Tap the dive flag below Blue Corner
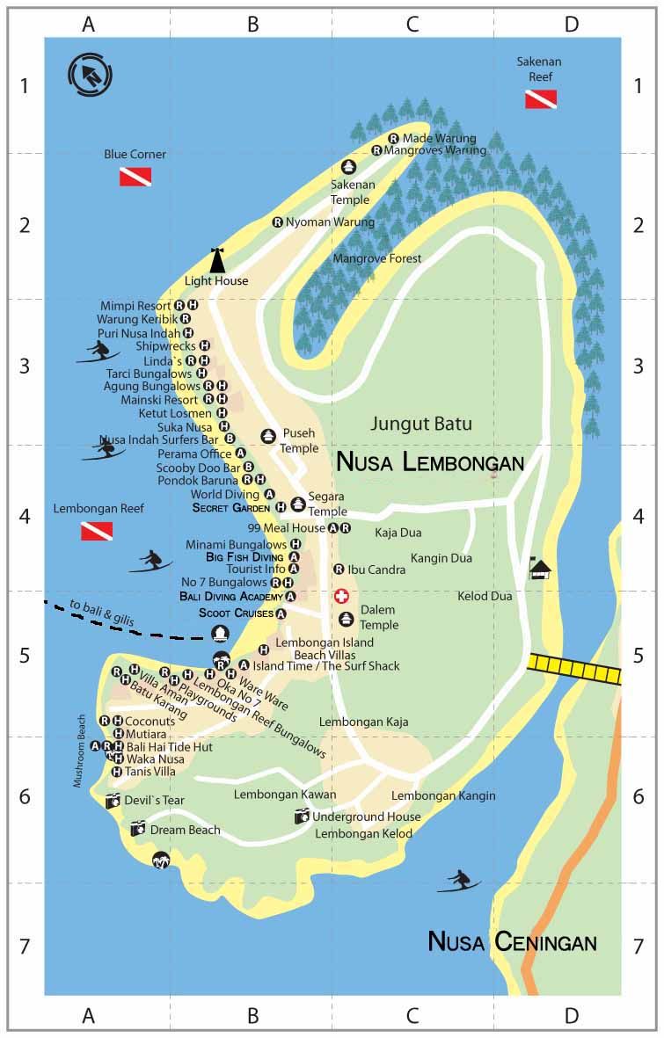tap(135, 177)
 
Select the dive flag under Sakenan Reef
tap(541, 99)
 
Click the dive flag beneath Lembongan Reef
tap(97, 531)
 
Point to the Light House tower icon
tap(217, 261)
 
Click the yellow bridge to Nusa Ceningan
tap(574, 669)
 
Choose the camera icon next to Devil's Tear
tap(113, 801)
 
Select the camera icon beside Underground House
tap(302, 817)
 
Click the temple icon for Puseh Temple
tap(267, 436)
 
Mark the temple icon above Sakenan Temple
tap(348, 167)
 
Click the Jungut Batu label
tap(421, 424)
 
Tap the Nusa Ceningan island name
tap(512, 942)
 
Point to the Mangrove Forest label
tap(376, 258)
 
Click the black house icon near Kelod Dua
tap(541, 570)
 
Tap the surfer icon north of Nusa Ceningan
tap(458, 880)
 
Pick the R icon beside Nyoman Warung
tap(278, 222)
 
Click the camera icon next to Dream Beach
tap(138, 828)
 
